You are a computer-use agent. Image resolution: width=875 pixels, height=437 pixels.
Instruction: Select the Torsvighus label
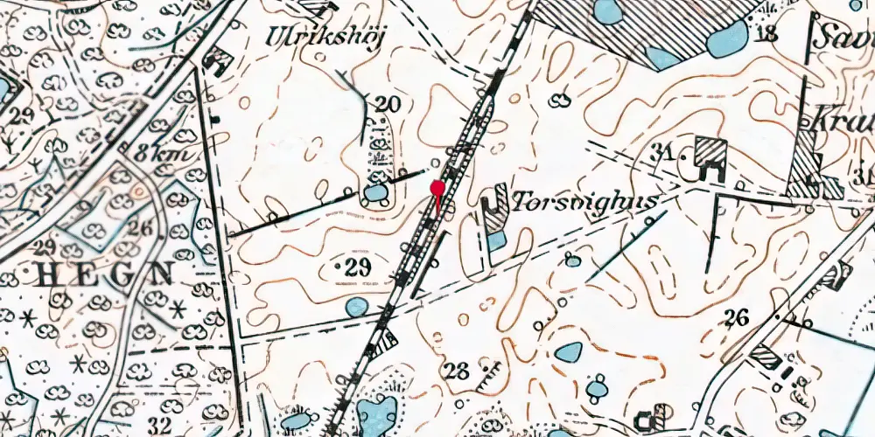[584, 203]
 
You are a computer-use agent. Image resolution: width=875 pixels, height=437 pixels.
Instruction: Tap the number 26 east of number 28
[737, 317]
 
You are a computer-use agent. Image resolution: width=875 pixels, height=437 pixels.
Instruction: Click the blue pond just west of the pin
[376, 192]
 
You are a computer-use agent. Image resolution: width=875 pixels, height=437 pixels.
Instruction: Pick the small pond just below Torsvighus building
[496, 239]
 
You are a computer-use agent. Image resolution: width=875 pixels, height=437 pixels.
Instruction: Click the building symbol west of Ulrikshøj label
[216, 61]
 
